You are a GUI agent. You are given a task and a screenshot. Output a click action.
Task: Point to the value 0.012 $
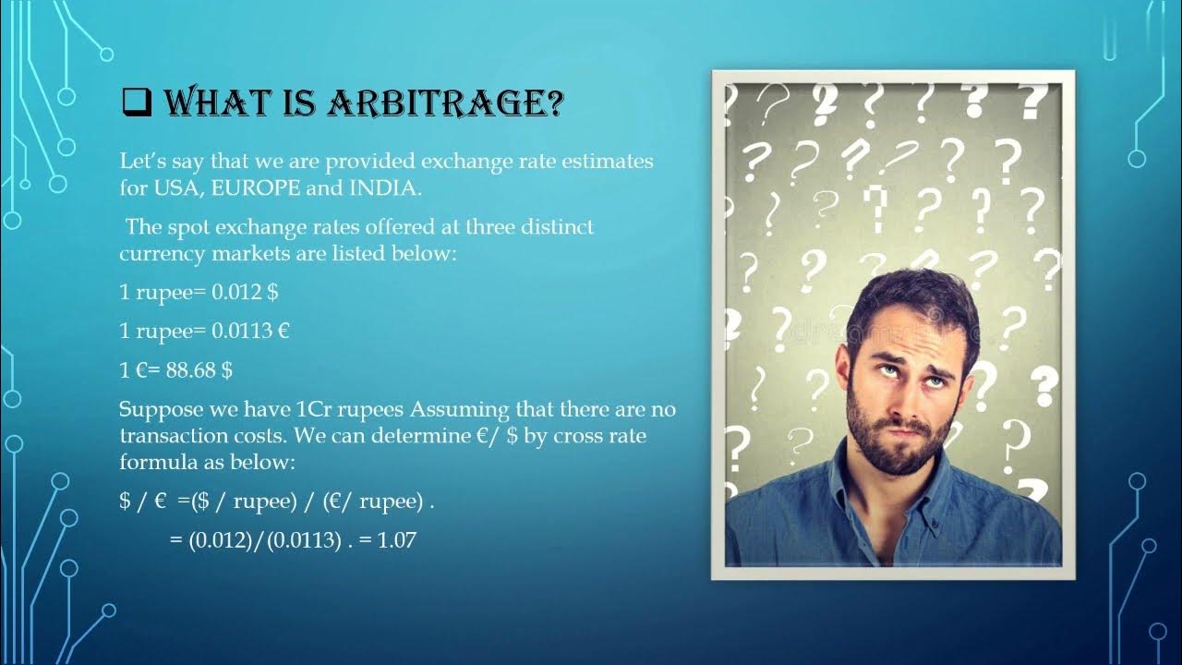[x=245, y=292]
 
